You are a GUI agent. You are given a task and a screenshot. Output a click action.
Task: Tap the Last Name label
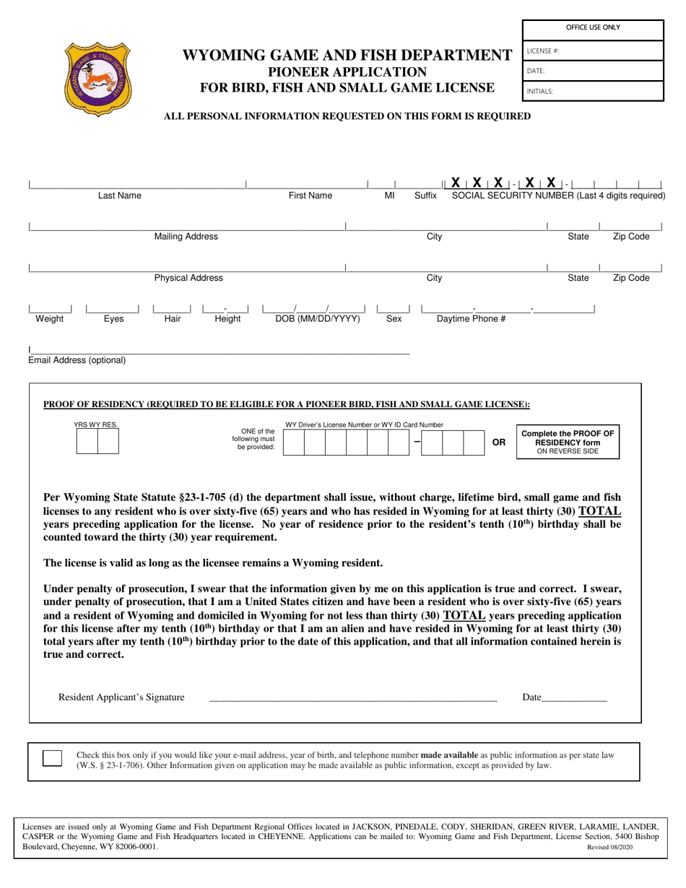pos(120,196)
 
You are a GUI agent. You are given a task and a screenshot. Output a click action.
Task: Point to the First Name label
pos(311,196)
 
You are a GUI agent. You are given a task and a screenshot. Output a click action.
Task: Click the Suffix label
pos(425,196)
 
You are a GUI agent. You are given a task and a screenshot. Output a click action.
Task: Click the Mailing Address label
pos(186,237)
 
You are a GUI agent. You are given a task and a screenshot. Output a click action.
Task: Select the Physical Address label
pos(188,278)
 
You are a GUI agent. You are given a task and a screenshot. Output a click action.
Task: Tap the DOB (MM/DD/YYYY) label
pos(318,318)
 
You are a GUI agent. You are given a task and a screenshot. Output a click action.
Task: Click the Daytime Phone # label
pos(472,318)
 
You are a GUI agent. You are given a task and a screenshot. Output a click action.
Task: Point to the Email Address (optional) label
pos(77,360)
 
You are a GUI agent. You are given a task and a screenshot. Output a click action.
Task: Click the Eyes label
pos(113,318)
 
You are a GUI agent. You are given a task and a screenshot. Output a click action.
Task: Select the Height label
pos(227,318)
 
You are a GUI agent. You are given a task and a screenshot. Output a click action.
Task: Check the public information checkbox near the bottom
pos(52,758)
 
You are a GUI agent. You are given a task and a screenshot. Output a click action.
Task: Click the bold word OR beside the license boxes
pos(498,443)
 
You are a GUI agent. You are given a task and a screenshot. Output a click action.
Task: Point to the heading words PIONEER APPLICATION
pos(347,72)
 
